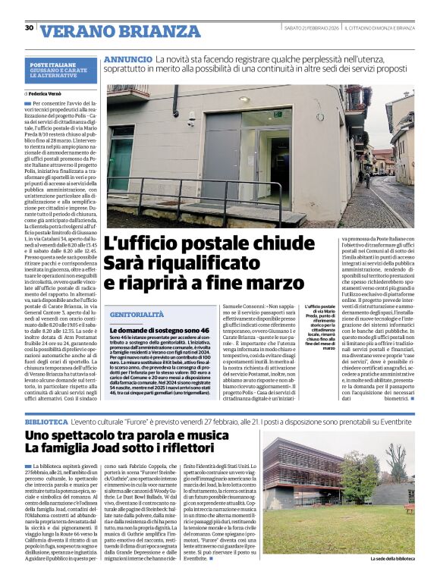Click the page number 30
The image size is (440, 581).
[29, 28]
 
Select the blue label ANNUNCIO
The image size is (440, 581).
[127, 58]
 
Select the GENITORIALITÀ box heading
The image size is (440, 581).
[137, 313]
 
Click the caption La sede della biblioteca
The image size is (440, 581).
[392, 560]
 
